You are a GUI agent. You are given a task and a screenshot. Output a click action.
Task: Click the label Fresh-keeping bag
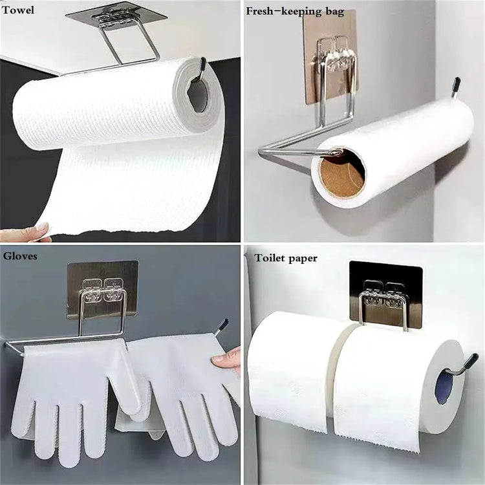[x=295, y=12]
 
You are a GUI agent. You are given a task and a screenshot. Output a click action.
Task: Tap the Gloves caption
[x=19, y=256]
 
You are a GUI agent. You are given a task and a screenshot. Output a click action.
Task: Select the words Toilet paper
[x=286, y=258]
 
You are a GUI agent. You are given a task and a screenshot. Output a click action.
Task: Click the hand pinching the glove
[x=228, y=358]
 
